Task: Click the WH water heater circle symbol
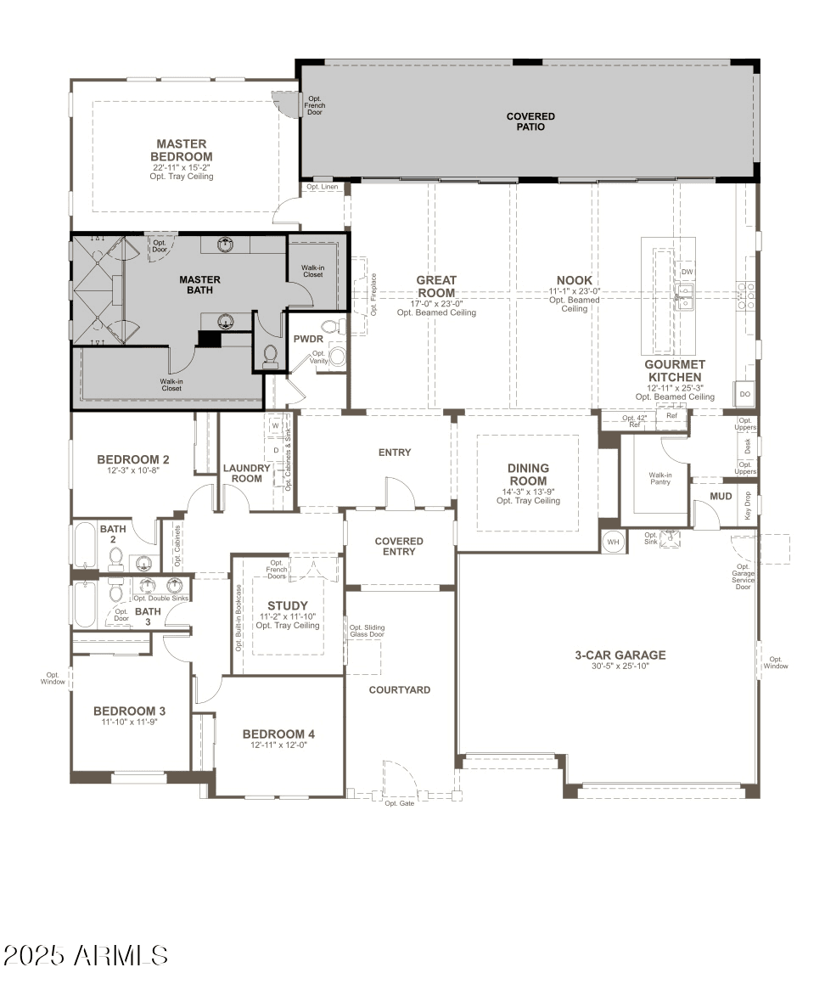pyautogui.click(x=613, y=541)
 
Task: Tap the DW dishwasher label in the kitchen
pyautogui.click(x=687, y=272)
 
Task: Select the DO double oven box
pyautogui.click(x=744, y=394)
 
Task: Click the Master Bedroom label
pyautogui.click(x=182, y=150)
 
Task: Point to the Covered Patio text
pyautogui.click(x=530, y=121)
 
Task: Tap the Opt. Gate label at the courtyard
pyautogui.click(x=399, y=803)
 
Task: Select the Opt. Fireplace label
pyautogui.click(x=373, y=295)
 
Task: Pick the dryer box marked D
pyautogui.click(x=276, y=449)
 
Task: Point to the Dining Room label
pyautogui.click(x=528, y=474)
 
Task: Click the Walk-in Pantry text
pyautogui.click(x=660, y=479)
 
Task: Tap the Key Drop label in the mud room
pyautogui.click(x=748, y=505)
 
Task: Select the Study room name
pyautogui.click(x=288, y=606)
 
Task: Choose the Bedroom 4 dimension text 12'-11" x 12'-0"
pyautogui.click(x=278, y=745)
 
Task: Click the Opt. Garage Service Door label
pyautogui.click(x=743, y=576)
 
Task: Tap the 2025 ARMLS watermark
pyautogui.click(x=85, y=955)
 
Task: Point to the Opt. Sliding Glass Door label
pyautogui.click(x=367, y=630)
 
